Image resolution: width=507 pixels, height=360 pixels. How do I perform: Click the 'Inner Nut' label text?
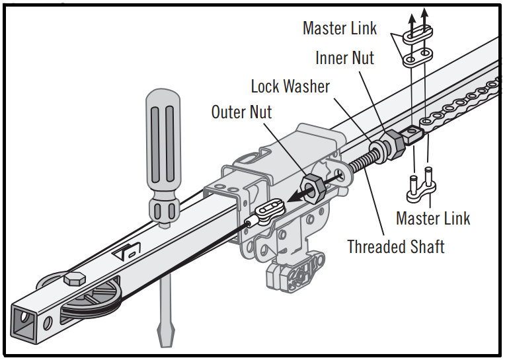pyautogui.click(x=344, y=57)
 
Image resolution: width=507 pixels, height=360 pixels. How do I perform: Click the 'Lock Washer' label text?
pyautogui.click(x=290, y=86)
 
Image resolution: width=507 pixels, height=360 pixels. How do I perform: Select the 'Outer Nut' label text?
pyautogui.click(x=241, y=112)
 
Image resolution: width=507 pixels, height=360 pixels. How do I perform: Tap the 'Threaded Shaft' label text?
pyautogui.click(x=396, y=247)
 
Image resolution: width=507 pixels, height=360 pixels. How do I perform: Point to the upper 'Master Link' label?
pyautogui.click(x=340, y=28)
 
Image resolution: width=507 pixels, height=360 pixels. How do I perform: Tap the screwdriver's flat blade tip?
pyautogui.click(x=165, y=334)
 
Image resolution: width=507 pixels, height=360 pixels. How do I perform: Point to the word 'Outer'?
pyautogui.click(x=227, y=112)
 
